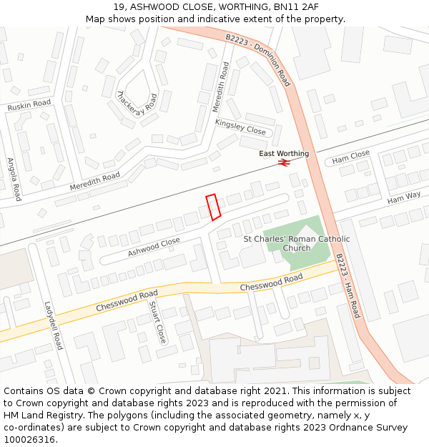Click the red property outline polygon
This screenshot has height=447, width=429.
[213, 206]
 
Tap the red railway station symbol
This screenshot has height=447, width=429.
[284, 163]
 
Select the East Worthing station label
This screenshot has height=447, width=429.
[284, 154]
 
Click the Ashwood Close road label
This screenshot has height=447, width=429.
[154, 247]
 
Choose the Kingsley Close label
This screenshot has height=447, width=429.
[240, 127]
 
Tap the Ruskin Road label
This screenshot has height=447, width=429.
[29, 104]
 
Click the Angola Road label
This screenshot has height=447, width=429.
[14, 179]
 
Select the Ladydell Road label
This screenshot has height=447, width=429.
[54, 325]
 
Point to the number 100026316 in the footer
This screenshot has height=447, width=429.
[31, 439]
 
